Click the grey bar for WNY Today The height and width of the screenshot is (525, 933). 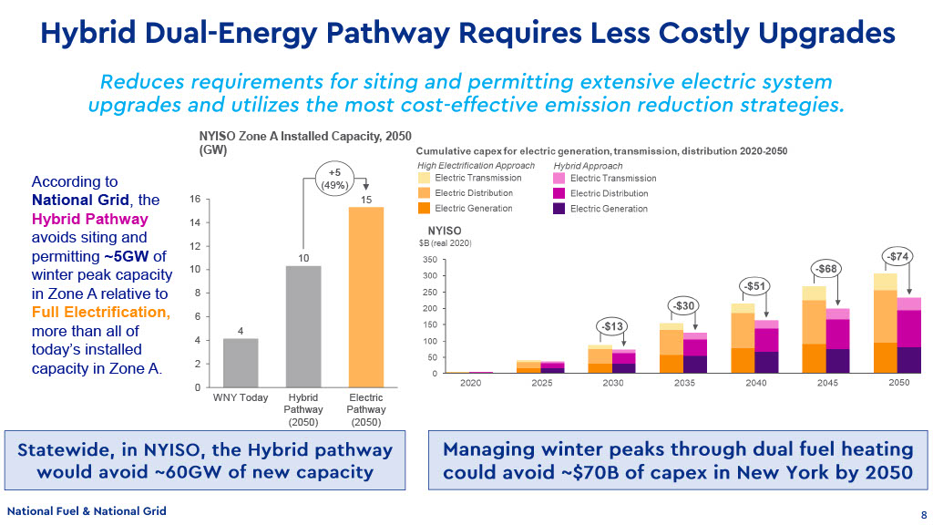point(241,363)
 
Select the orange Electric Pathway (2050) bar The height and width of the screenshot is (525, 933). point(366,297)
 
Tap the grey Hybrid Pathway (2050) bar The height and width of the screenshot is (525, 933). point(303,326)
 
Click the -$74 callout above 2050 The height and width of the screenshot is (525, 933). point(897,256)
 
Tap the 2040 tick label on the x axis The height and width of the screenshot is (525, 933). point(755,383)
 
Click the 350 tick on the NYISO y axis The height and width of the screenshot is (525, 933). point(430,260)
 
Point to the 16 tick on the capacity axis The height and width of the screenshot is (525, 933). point(195,199)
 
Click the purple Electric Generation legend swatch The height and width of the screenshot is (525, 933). point(559,209)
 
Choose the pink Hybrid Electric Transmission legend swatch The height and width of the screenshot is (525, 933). point(559,179)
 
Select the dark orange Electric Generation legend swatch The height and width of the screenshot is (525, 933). point(424,209)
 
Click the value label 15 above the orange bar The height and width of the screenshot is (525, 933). point(366,198)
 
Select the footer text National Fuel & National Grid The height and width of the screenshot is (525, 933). point(87,511)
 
